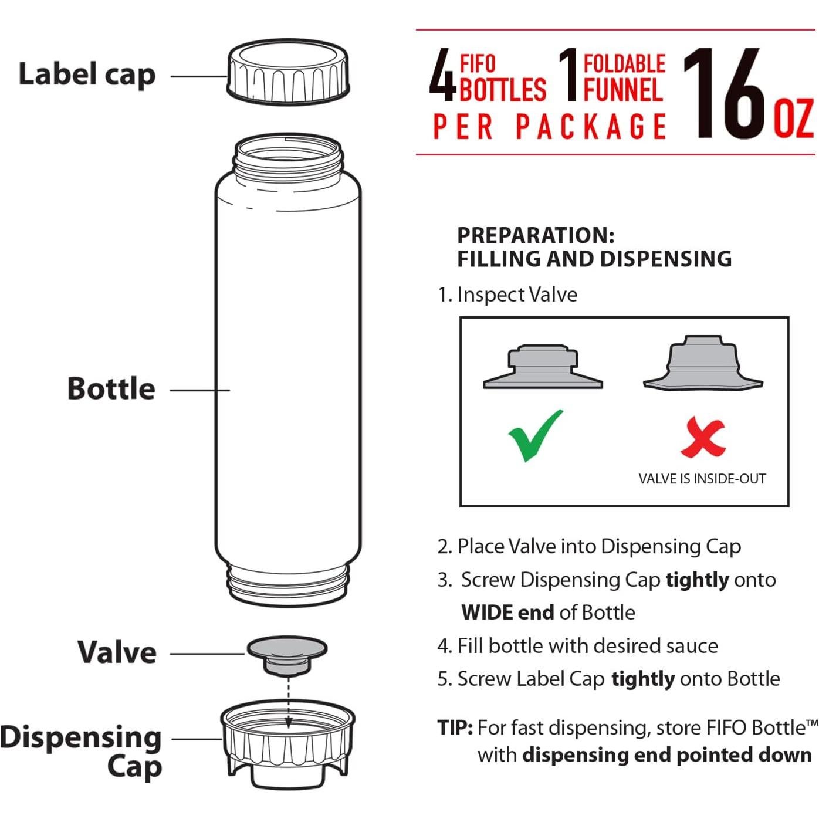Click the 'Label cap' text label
(87, 75)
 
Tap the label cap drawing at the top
(287, 73)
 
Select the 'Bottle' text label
(111, 389)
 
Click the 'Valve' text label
(117, 652)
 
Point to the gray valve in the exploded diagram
(287, 654)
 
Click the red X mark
(703, 438)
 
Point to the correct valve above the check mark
(543, 368)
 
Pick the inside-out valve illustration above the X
(703, 364)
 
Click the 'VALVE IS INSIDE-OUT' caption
(702, 479)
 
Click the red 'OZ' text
(794, 118)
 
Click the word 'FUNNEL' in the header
(623, 90)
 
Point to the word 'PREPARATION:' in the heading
(536, 235)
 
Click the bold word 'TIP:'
(455, 727)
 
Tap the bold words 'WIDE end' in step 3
(507, 612)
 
